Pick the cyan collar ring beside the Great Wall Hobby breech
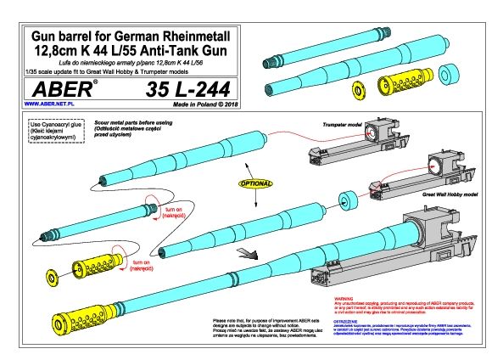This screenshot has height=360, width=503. [x=347, y=202]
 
